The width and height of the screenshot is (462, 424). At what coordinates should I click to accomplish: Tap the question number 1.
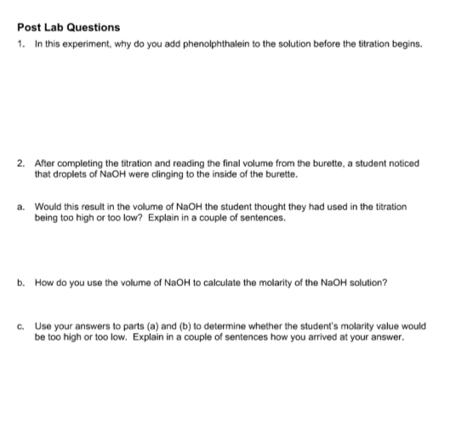tap(20, 43)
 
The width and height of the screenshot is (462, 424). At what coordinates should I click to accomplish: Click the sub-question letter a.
tap(20, 207)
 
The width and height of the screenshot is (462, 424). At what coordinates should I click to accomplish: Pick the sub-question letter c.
tap(20, 326)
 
